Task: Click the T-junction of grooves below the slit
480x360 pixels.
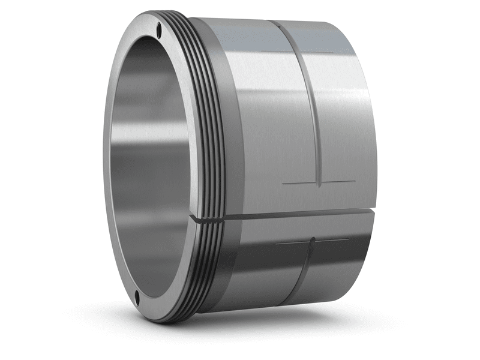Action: click(312, 242)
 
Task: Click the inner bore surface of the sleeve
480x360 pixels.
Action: click(150, 168)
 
